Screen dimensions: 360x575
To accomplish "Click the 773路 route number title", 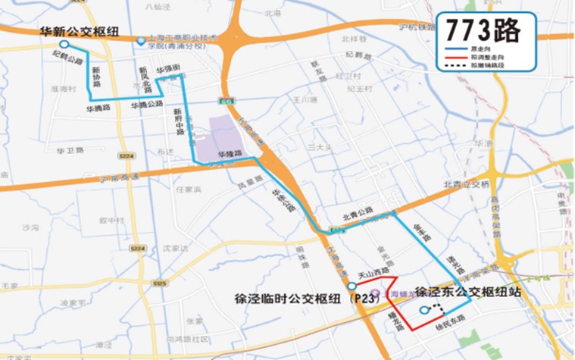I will [x=482, y=30].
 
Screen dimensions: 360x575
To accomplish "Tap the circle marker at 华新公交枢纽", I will [x=64, y=45].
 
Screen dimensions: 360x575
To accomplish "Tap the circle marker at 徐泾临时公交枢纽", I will [x=352, y=286].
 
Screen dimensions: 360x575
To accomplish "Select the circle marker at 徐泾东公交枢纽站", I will [x=423, y=311].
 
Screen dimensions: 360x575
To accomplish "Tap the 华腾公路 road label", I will [x=147, y=105].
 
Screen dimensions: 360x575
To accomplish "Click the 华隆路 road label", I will [x=230, y=154].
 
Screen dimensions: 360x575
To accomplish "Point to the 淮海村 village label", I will [x=63, y=88].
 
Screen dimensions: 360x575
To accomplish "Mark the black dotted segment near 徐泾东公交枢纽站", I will [x=436, y=308].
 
